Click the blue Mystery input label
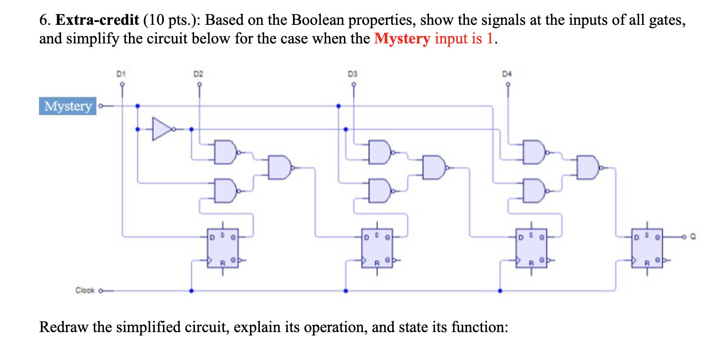click(68, 106)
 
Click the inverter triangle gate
click(161, 129)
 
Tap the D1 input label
click(121, 74)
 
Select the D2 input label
click(198, 74)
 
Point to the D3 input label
click(352, 74)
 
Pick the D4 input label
click(507, 74)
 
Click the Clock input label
click(85, 290)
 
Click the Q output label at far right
click(693, 237)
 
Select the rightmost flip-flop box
click(647, 248)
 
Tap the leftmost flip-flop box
click(222, 248)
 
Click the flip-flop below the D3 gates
click(377, 248)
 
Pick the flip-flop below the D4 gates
click(531, 248)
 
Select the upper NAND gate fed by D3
click(379, 152)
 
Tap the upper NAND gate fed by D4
click(534, 152)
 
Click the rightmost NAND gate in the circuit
click(588, 168)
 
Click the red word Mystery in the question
click(402, 39)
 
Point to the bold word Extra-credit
click(97, 20)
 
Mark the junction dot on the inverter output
click(191, 129)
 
